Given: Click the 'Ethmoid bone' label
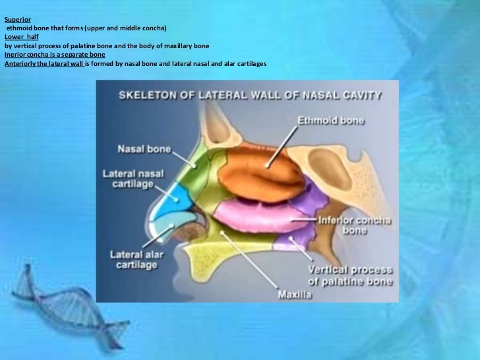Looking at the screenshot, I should click(x=332, y=121).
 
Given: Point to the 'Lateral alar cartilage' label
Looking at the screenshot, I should click(x=134, y=259).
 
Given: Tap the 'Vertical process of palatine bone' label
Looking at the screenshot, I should click(x=350, y=276).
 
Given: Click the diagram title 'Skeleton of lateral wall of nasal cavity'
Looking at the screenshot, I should click(x=249, y=95).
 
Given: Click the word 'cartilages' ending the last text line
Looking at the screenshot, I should click(x=251, y=63).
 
